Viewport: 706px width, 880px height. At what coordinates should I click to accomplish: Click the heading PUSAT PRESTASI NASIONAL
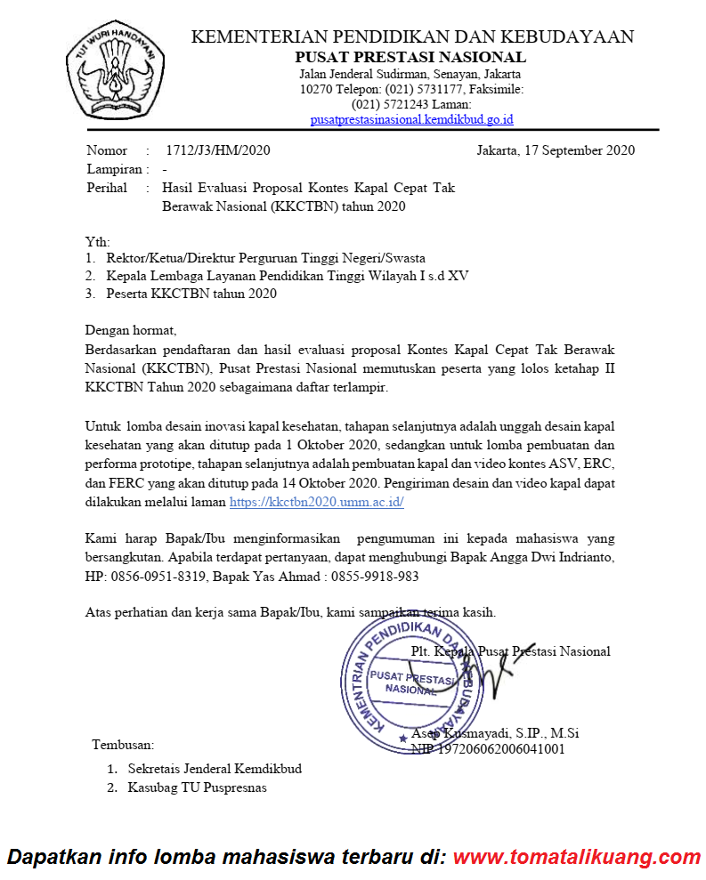coord(410,57)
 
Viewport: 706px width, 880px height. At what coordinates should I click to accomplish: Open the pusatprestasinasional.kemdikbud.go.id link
coord(411,119)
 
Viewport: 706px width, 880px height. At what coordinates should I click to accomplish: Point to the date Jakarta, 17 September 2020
coord(556,149)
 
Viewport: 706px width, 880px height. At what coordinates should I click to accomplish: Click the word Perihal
coord(107,188)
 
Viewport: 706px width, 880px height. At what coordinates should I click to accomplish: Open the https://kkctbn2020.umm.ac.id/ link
coord(317,502)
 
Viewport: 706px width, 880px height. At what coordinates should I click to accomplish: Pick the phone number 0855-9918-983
coord(373,576)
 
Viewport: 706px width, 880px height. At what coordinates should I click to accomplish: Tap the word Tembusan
coord(123,744)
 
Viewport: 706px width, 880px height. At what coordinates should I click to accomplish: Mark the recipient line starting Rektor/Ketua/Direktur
coord(265,258)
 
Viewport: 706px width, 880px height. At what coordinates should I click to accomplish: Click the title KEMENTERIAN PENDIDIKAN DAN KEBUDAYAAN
coord(413,36)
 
